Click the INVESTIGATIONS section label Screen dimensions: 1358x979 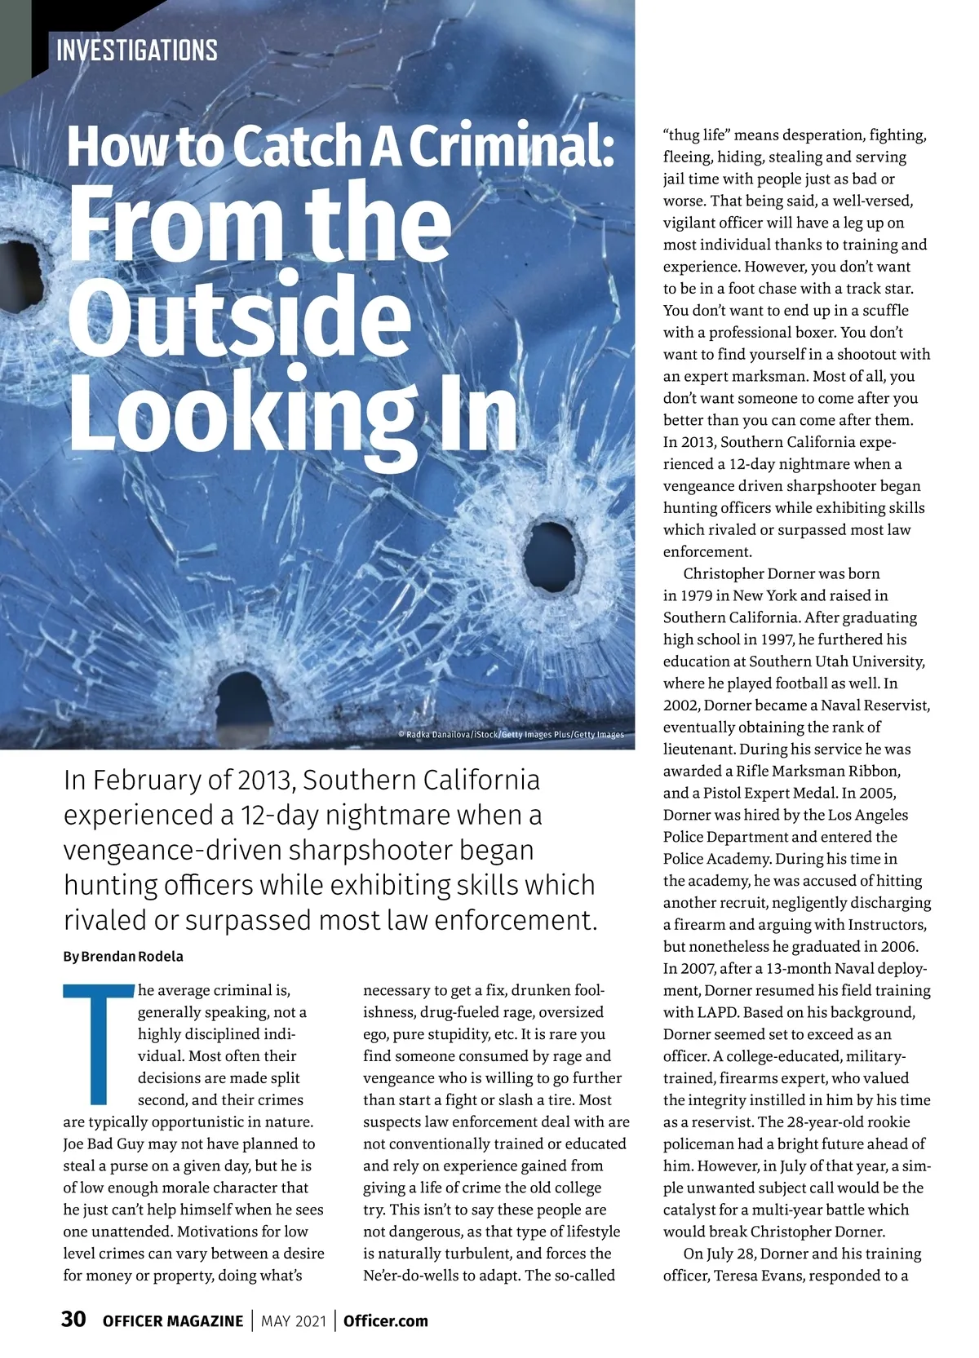[x=137, y=51]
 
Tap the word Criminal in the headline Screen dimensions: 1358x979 [x=510, y=145]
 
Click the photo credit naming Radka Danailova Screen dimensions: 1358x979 [x=511, y=735]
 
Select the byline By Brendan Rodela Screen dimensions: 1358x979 [x=123, y=956]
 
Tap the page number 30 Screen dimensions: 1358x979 [x=73, y=1320]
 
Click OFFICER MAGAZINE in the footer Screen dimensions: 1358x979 [x=173, y=1321]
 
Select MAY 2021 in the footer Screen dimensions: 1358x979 [x=294, y=1321]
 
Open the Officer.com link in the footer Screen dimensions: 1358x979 [x=386, y=1321]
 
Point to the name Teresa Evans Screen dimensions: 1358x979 [x=758, y=1276]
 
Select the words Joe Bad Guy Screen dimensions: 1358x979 [x=102, y=1143]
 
